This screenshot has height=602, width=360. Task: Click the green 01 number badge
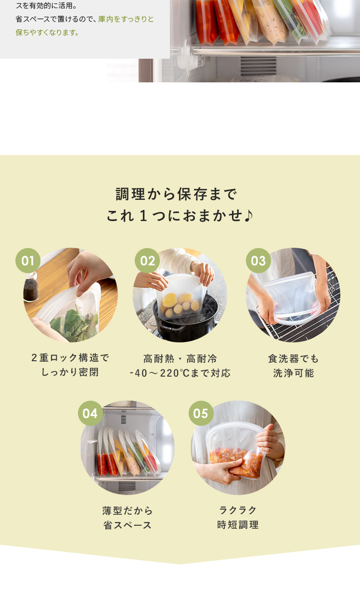tap(28, 261)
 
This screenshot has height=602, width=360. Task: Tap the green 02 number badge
tap(147, 261)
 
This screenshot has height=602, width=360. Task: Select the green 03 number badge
tap(258, 261)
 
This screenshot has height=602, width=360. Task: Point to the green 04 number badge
tap(90, 413)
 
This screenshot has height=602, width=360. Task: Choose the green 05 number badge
tap(201, 413)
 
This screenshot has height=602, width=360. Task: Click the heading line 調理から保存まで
tap(177, 194)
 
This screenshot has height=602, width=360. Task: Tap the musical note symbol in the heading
tap(249, 216)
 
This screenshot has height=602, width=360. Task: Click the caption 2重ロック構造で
tap(70, 358)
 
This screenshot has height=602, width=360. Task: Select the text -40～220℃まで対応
tap(180, 373)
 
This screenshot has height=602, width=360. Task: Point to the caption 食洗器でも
tap(294, 358)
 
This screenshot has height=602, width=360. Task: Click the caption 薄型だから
tap(128, 510)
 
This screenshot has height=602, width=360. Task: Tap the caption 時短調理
tap(238, 525)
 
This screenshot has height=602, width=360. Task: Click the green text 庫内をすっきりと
tap(126, 19)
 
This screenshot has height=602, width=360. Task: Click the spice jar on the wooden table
tap(30, 288)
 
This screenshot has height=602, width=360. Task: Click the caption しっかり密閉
tap(70, 372)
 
